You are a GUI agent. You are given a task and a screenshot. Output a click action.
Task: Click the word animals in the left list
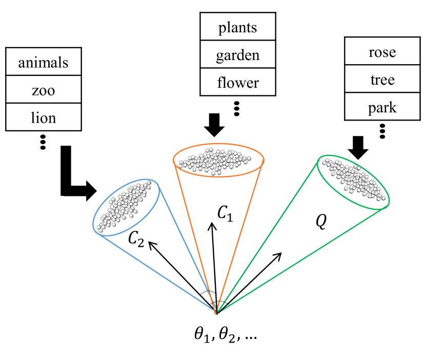[43, 63]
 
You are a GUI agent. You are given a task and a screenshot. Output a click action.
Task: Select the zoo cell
[43, 91]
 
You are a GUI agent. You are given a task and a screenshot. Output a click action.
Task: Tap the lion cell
[43, 118]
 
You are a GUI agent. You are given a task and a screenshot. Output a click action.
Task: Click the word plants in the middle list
[237, 27]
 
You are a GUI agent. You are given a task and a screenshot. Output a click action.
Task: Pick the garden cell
[237, 55]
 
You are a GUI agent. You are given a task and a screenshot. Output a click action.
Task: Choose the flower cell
[237, 82]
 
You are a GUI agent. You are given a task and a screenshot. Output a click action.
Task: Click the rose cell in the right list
[382, 52]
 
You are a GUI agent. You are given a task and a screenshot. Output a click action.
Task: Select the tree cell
[382, 79]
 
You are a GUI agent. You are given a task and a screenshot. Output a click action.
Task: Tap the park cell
[382, 108]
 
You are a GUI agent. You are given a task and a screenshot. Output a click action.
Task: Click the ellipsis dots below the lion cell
[43, 142]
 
